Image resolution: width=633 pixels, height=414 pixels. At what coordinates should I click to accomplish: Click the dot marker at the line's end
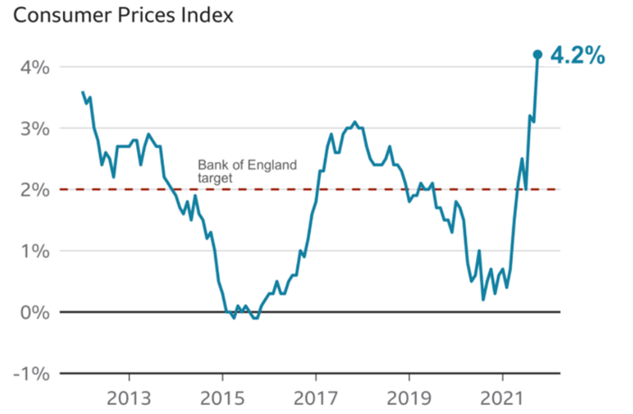537,55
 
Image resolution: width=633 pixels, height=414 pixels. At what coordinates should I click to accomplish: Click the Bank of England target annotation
246,172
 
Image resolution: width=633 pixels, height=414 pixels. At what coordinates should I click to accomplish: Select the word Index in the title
208,16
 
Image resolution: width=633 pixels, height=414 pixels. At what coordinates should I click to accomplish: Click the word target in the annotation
215,179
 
